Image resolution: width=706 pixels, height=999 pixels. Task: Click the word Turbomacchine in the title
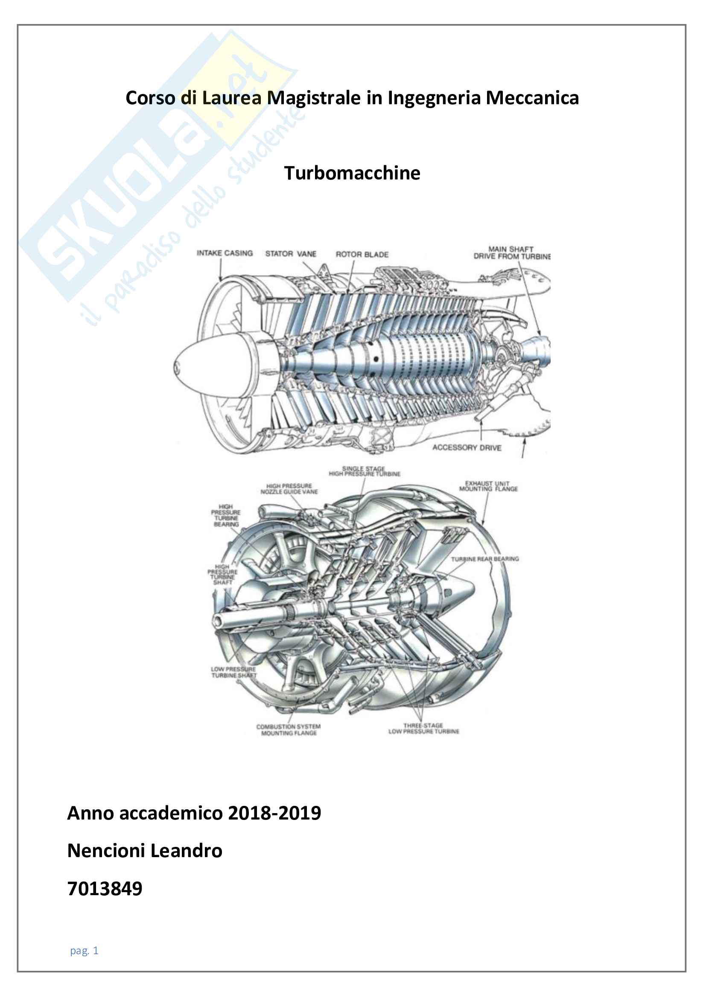352,173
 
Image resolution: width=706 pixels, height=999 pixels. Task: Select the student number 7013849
105,888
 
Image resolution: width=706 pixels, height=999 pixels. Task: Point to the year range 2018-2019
274,813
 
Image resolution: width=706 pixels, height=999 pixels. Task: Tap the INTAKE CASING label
225,253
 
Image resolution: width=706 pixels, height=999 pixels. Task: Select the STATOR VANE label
291,254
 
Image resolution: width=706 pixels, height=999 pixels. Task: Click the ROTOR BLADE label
362,255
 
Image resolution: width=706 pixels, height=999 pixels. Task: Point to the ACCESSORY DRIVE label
467,447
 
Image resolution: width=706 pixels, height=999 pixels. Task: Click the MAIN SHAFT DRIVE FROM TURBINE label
512,253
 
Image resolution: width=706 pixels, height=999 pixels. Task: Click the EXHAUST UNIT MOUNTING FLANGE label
488,486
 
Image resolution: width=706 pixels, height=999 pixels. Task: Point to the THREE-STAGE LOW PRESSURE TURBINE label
423,729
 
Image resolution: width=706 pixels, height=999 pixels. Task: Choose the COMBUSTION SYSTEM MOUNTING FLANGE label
289,730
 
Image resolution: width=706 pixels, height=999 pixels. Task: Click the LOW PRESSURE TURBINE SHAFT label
233,672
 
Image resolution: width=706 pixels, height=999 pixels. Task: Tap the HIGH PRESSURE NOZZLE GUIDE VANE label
289,489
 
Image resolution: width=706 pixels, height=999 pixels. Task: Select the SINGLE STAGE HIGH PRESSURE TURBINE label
364,471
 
